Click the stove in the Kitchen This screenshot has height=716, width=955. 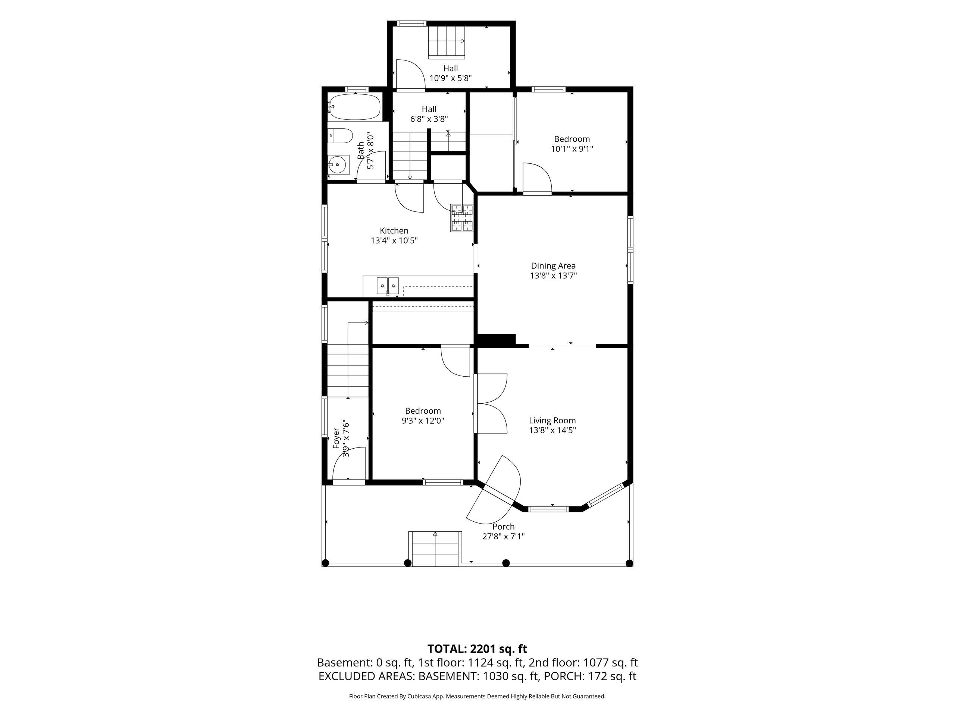point(461,218)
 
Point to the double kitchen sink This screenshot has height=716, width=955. point(388,286)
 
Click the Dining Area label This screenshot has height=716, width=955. point(553,266)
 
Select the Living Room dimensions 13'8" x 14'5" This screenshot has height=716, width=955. point(552,430)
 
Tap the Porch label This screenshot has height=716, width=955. point(503,527)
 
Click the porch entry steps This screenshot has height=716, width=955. point(435,549)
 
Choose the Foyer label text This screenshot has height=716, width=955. point(337,438)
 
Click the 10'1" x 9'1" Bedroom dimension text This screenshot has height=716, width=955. point(572,149)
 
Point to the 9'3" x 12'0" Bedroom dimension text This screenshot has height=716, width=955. point(423,421)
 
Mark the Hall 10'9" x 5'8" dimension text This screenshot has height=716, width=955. point(451,78)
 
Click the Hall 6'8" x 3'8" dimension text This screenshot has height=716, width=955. point(429,119)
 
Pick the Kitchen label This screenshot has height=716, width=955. point(394,231)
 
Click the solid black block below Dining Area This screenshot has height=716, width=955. point(496,340)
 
